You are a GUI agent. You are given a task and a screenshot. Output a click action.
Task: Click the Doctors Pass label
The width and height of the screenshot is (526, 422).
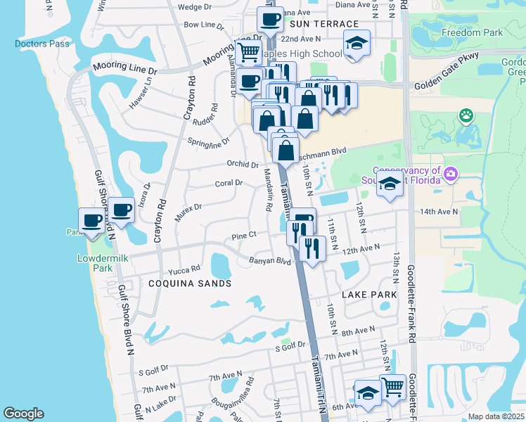click(x=42, y=44)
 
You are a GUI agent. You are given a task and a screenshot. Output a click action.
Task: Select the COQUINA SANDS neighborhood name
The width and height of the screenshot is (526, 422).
click(x=190, y=283)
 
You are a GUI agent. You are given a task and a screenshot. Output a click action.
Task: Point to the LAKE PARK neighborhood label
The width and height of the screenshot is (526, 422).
click(x=366, y=295)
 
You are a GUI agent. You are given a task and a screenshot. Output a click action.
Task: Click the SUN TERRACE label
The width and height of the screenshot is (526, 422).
click(x=315, y=23)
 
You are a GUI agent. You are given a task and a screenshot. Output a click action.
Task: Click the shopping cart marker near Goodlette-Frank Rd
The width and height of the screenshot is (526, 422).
click(x=392, y=385)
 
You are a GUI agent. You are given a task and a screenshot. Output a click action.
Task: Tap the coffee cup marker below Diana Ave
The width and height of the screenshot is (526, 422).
click(x=270, y=18)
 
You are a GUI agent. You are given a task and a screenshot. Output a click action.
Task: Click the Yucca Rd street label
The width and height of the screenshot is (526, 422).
click(x=184, y=269)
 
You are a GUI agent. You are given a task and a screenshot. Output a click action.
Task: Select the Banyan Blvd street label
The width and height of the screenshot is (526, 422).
click(x=269, y=261)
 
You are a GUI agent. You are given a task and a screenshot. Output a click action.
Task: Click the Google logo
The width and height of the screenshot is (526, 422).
click(x=23, y=414)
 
